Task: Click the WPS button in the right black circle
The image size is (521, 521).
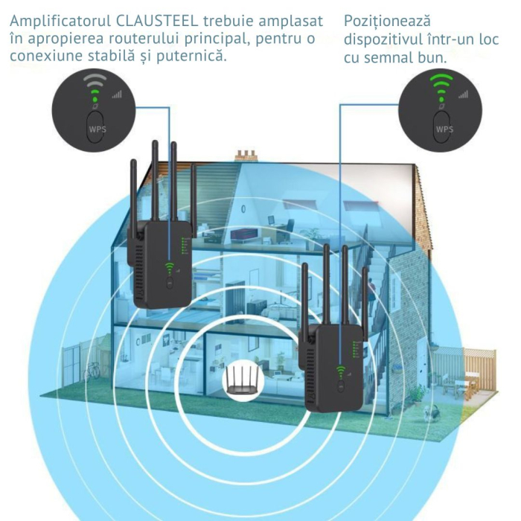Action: tap(444, 127)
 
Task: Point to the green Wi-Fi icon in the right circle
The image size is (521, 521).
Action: tap(441, 84)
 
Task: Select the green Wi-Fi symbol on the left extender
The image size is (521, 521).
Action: tap(169, 268)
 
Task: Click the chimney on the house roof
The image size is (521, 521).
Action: tap(246, 155)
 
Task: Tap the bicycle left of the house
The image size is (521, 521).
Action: tap(92, 369)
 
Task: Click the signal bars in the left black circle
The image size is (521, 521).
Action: tap(116, 95)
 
